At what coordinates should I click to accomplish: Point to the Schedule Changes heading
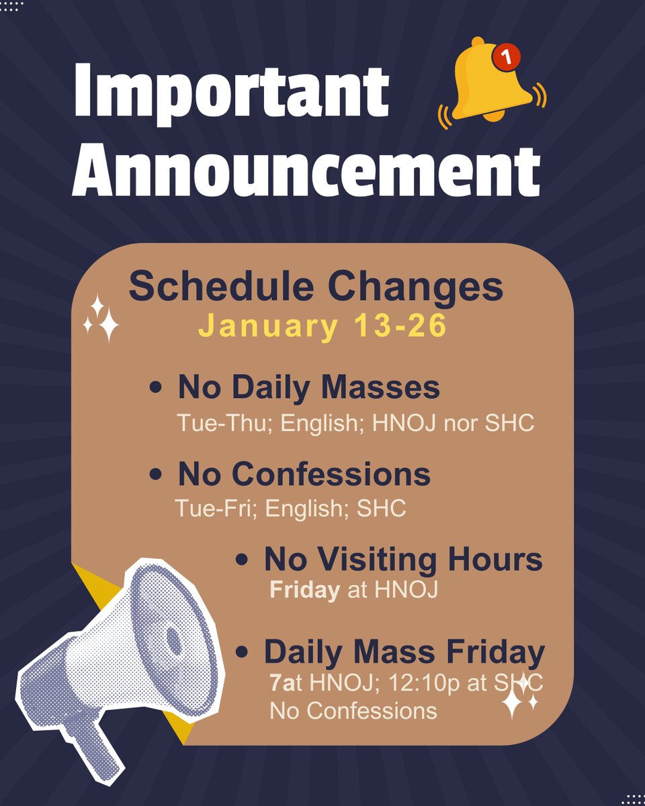tap(316, 287)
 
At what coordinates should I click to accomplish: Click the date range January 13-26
tap(322, 326)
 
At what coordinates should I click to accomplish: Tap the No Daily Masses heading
tap(308, 388)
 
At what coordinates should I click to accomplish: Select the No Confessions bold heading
tap(304, 474)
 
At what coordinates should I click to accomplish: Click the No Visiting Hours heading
tap(403, 559)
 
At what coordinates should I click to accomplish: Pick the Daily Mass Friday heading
tap(404, 652)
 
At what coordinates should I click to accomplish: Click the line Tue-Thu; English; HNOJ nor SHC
tap(355, 423)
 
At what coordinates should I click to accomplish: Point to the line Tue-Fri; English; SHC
tap(290, 508)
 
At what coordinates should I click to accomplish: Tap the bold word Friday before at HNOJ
tap(304, 591)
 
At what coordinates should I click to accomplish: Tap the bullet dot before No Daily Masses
tap(156, 389)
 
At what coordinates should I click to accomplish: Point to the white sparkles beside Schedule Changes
tap(100, 318)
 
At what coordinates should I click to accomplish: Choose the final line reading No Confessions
tap(353, 710)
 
